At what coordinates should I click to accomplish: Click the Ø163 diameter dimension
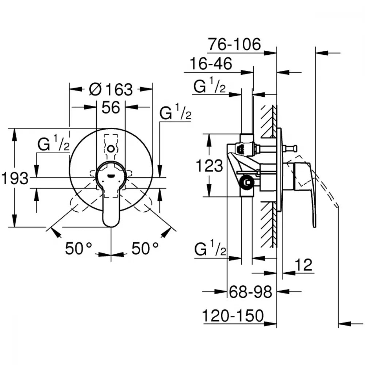point(111,89)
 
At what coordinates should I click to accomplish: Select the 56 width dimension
point(111,108)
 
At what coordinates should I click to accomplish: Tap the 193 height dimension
point(15,178)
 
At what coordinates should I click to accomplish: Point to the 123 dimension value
point(210,166)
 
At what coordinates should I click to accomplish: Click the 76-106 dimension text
point(234,44)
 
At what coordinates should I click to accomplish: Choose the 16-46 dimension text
point(211,63)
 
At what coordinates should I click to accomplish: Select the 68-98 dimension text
point(250,292)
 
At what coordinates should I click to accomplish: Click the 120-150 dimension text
point(233,316)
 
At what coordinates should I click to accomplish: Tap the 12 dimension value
point(303,265)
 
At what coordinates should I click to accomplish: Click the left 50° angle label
point(78,248)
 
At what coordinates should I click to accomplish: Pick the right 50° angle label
point(145,248)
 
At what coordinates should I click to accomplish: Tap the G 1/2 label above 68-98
point(210,248)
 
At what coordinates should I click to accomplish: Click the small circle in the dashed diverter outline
point(111,148)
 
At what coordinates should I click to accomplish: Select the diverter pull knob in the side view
point(290,148)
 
